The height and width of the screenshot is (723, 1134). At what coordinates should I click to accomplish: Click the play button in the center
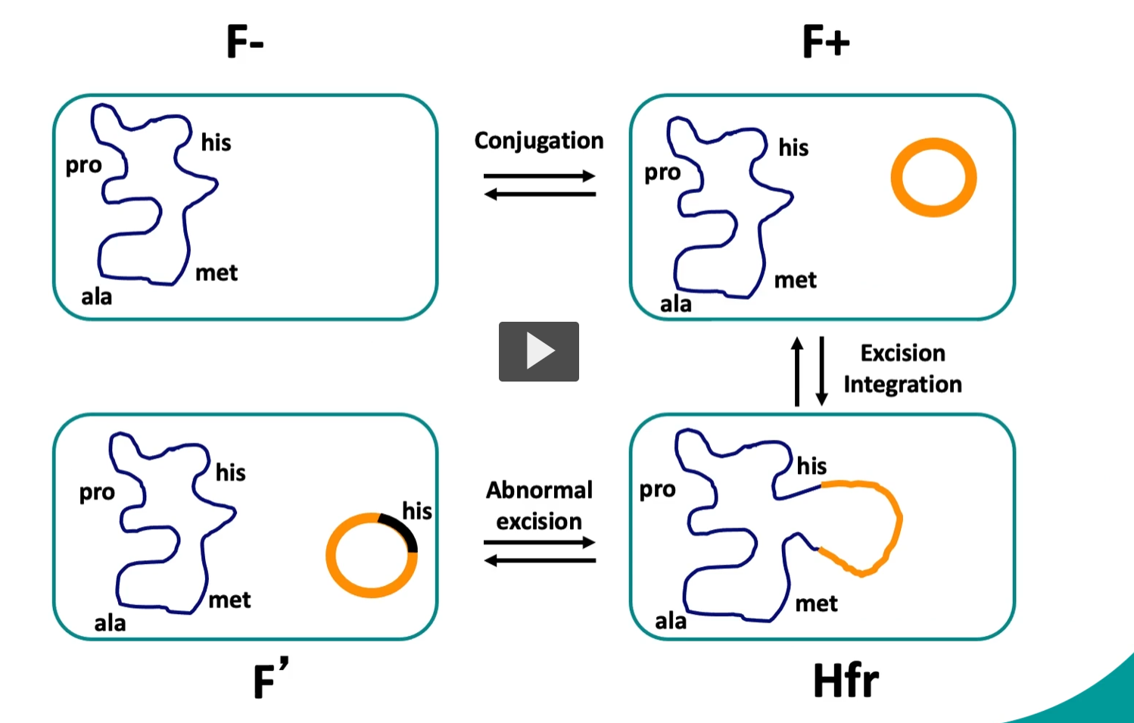click(x=538, y=351)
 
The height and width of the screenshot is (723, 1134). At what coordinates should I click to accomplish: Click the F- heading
click(x=245, y=42)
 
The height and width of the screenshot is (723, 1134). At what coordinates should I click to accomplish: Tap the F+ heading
click(x=825, y=42)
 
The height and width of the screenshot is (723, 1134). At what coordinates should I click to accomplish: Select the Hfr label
click(x=846, y=681)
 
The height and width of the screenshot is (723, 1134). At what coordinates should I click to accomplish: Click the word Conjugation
click(x=538, y=141)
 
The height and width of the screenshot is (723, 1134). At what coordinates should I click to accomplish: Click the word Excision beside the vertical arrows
click(x=902, y=354)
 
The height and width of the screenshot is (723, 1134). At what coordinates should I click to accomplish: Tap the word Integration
click(x=902, y=385)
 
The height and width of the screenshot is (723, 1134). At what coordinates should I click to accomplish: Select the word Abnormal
click(x=539, y=491)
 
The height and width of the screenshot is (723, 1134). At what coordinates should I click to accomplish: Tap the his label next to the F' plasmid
click(x=416, y=511)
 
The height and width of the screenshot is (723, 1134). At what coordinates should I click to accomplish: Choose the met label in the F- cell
click(x=217, y=273)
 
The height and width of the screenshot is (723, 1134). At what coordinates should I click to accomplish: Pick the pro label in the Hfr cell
click(x=657, y=490)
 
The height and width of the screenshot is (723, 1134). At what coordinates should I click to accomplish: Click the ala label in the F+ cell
click(x=675, y=304)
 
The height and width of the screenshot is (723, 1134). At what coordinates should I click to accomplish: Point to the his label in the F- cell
click(x=216, y=142)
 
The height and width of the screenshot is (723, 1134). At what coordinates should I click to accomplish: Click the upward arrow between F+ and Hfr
click(x=796, y=371)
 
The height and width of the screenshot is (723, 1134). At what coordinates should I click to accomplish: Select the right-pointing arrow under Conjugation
click(x=539, y=176)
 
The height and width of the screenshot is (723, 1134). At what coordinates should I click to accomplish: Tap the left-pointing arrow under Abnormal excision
click(x=539, y=561)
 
